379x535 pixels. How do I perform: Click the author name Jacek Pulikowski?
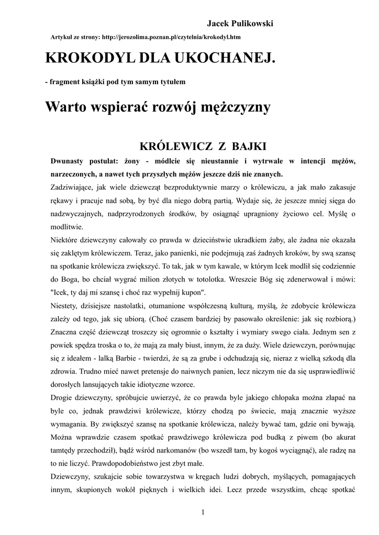coord(240,24)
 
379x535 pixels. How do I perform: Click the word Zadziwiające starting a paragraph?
coord(74,187)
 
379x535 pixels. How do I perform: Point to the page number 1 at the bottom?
coord(203,513)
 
